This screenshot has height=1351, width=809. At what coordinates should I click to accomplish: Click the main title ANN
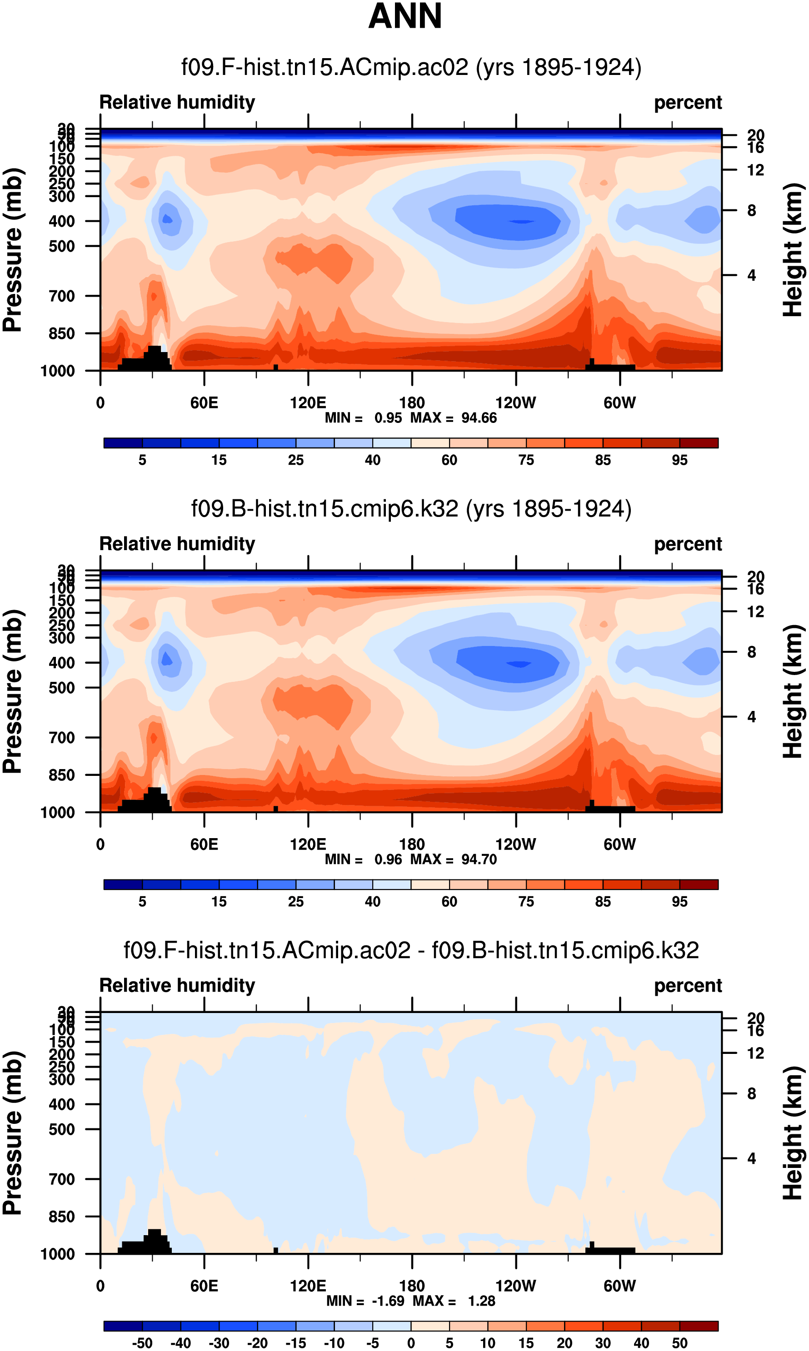pos(404,16)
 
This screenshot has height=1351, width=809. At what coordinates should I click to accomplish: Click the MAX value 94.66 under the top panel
pos(479,418)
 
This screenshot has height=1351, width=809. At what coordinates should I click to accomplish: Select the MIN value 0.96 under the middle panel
pos(388,859)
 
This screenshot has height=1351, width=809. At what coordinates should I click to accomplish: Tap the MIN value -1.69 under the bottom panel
pos(388,1301)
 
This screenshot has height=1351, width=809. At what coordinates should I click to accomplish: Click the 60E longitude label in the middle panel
pos(204,844)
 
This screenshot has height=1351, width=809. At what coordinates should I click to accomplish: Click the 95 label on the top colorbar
pos(679,460)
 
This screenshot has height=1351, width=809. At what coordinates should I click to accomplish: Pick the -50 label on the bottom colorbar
pos(142,1343)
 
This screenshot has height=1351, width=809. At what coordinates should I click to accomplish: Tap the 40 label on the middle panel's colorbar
pos(372,902)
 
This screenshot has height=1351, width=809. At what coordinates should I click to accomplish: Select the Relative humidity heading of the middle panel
pos(177,544)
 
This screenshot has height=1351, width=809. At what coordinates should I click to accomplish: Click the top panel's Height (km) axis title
pos(793,249)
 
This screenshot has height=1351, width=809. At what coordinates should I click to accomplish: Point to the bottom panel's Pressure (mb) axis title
pos(13,1133)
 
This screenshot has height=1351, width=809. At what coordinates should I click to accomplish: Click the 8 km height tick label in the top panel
pos(751,210)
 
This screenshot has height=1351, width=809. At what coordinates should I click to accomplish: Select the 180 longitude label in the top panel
pos(412,402)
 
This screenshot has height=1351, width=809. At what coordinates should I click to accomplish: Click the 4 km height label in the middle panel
pos(751,717)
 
